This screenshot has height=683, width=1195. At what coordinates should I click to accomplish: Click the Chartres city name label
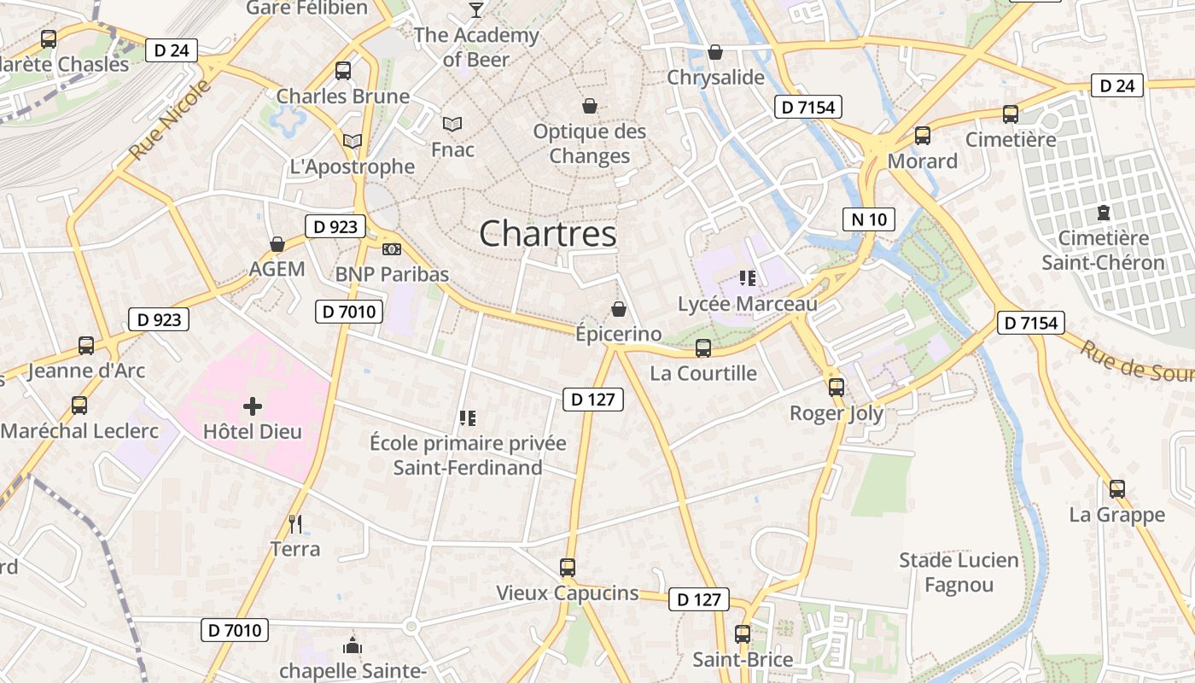547,234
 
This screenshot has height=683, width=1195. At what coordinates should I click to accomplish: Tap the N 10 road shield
869,219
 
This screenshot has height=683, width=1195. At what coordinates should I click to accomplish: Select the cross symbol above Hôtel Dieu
253,406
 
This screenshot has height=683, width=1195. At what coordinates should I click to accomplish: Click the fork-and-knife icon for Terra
295,523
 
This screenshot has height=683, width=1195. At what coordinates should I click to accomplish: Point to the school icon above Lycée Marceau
748,278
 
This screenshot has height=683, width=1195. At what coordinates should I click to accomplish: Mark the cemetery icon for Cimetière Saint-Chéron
1103,212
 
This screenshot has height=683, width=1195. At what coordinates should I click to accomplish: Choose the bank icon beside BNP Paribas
392,248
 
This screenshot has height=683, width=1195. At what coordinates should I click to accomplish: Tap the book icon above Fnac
452,124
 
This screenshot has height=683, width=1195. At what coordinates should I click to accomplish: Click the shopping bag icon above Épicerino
619,308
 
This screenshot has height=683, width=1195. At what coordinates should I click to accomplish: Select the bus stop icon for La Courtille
703,347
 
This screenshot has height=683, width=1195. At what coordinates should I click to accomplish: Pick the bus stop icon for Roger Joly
836,387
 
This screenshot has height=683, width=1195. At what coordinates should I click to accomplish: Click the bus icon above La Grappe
1117,489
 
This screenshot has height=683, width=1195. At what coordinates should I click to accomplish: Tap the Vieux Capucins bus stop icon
568,567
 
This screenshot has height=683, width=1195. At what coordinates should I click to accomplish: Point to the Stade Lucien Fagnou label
959,572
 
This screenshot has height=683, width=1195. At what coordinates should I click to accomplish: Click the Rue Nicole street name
170,120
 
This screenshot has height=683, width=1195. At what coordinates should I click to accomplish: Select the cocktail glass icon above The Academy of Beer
476,10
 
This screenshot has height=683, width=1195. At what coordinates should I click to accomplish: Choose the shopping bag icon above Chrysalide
715,52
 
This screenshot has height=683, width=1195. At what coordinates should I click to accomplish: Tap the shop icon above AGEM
277,244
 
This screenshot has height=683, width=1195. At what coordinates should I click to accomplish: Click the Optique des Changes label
590,143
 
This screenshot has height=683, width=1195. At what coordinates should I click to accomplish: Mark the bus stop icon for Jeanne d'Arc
86,345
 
